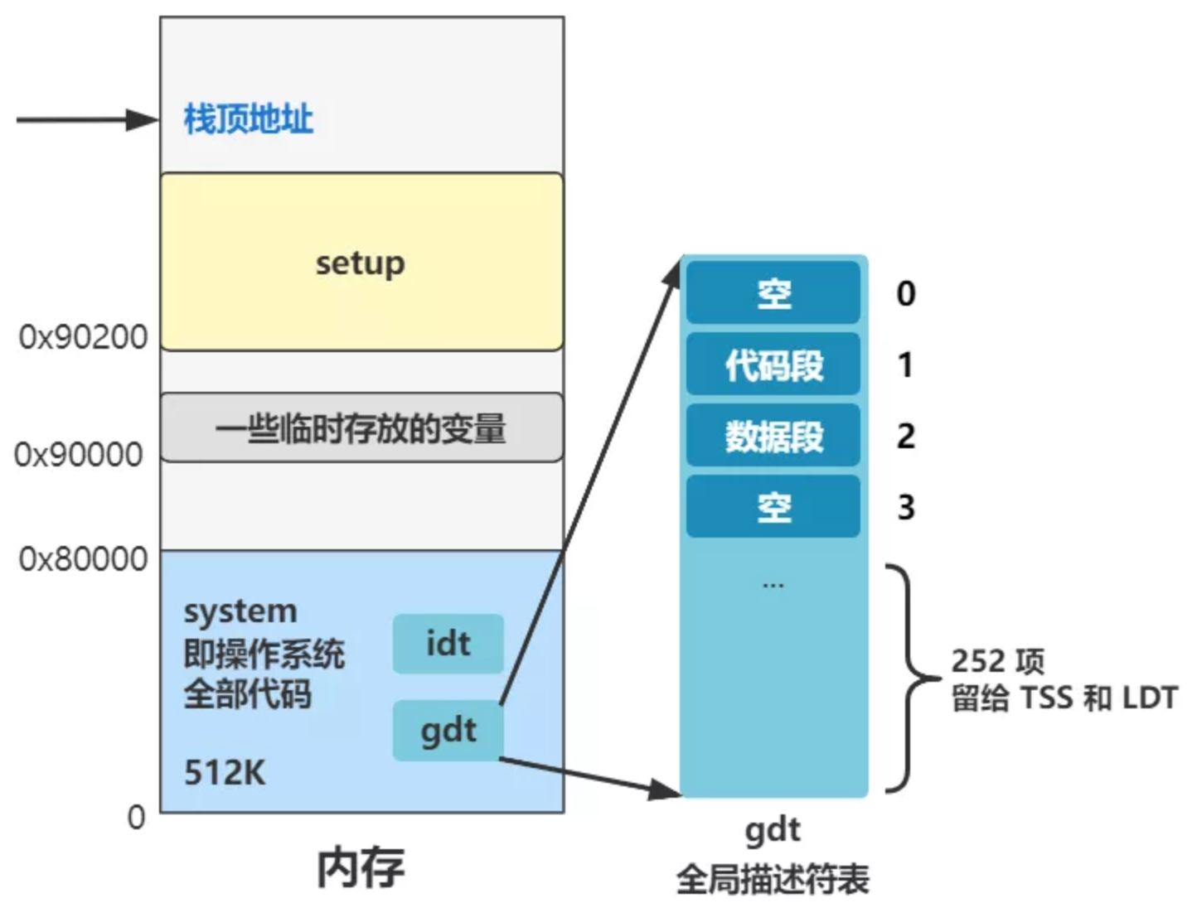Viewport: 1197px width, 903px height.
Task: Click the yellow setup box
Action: coord(361,262)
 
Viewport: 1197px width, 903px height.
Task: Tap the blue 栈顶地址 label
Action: coord(248,119)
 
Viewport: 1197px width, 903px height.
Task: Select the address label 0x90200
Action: coord(83,337)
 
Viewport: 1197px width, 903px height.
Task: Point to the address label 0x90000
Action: coord(79,454)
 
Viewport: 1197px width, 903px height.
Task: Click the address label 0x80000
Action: coord(83,559)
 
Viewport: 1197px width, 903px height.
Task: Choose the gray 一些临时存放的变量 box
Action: coord(361,427)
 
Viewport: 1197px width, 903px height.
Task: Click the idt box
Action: coord(448,644)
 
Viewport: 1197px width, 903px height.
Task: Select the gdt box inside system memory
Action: coord(448,731)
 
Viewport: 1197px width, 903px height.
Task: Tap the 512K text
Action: coord(225,773)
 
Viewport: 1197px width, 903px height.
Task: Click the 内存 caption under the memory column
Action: coord(361,867)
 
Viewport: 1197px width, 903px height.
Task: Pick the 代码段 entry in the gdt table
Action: coord(773,365)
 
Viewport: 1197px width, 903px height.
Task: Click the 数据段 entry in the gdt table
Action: coord(773,436)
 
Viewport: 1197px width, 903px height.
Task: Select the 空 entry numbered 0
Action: coord(773,293)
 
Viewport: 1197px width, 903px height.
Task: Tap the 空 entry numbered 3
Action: coord(773,506)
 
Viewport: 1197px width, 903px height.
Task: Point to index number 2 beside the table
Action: coord(905,436)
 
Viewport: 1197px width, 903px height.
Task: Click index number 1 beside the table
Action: coord(905,365)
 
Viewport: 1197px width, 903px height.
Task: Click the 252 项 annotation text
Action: coord(997,661)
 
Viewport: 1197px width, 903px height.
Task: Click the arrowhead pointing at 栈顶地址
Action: coord(143,120)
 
